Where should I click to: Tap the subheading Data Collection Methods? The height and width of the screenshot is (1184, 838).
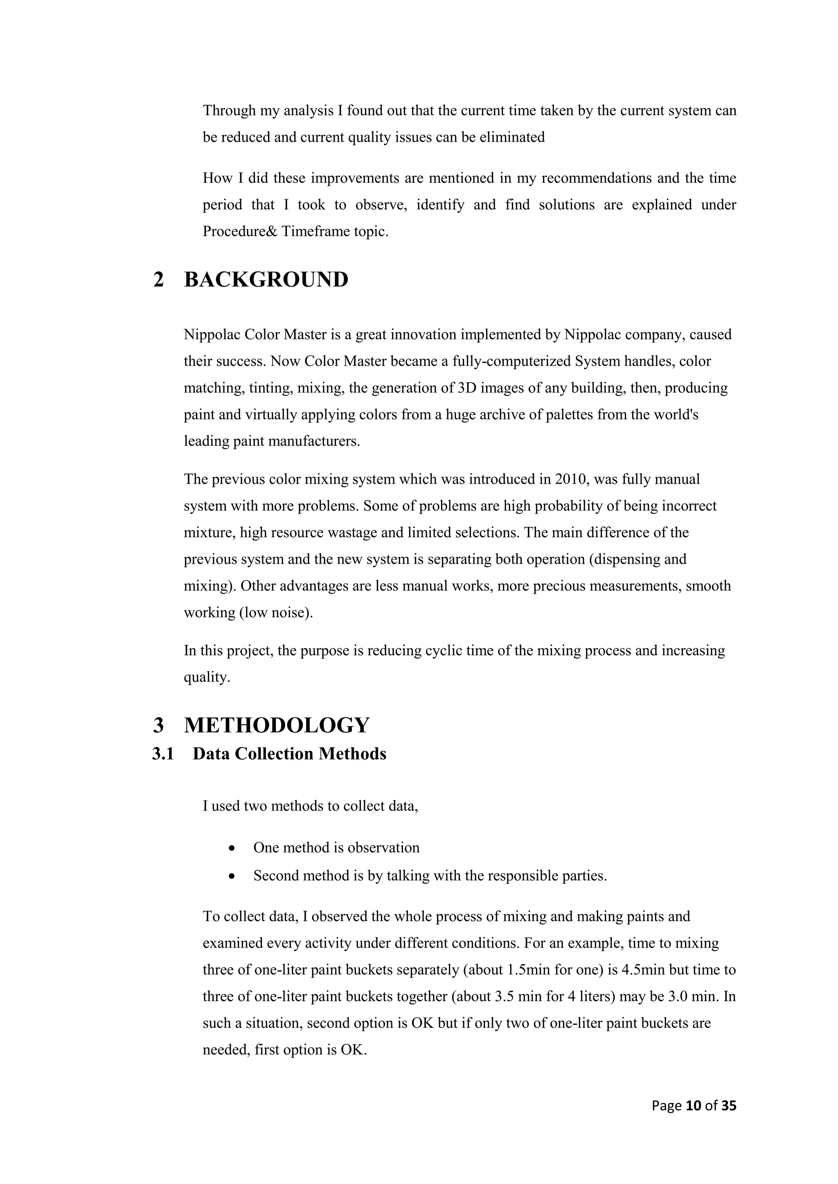289,754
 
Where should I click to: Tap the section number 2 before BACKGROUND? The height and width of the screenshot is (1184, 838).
158,280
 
